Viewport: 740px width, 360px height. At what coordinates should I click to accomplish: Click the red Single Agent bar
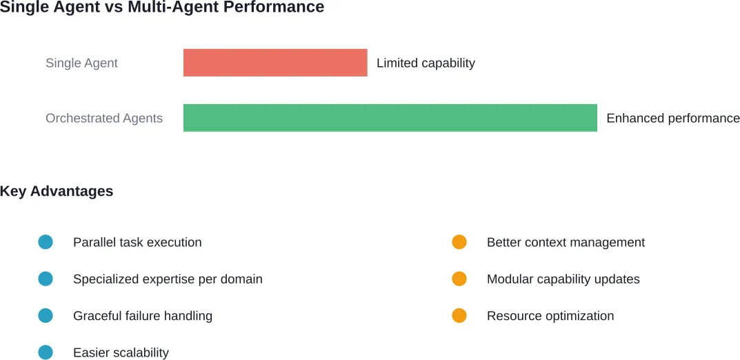(275, 63)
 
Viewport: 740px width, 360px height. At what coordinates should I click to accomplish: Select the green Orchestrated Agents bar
(390, 118)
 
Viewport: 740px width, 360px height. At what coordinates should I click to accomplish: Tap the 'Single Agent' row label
(81, 63)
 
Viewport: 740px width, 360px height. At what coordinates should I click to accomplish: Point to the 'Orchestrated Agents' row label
(104, 118)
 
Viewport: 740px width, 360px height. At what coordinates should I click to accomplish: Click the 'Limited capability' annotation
(426, 63)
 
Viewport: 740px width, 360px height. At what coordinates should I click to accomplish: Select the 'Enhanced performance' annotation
(672, 118)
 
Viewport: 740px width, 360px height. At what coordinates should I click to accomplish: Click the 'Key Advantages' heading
(57, 191)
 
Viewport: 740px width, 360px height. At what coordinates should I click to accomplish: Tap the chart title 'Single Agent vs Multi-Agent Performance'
(162, 8)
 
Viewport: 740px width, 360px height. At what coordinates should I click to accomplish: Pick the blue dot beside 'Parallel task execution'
(46, 242)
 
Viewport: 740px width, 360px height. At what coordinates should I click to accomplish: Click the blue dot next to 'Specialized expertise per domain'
(46, 279)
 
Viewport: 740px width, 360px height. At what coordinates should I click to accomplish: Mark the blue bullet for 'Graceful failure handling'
(46, 316)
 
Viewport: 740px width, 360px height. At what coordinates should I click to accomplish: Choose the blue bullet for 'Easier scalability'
(46, 352)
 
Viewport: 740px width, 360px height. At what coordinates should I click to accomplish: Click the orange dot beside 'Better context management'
(459, 242)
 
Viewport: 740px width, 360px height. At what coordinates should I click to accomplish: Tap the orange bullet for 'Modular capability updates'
(459, 279)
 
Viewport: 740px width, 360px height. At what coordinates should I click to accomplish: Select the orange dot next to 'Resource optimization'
(459, 316)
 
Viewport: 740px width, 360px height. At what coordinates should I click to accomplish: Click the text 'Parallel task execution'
(137, 242)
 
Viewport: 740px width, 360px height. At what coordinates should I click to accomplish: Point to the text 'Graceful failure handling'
(143, 316)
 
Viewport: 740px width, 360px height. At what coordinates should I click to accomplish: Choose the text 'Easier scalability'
(121, 352)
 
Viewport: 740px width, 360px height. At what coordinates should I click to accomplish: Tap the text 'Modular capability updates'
(563, 279)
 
